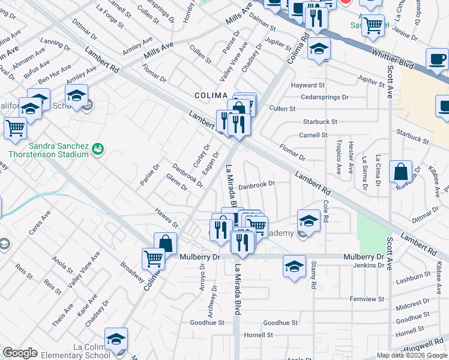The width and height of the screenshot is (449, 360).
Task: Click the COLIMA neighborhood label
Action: point(211,95)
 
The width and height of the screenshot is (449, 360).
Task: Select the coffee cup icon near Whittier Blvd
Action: point(437,59)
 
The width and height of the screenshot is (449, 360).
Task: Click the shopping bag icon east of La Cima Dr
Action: point(400,172)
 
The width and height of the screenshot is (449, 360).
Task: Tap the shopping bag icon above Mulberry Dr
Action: point(165,244)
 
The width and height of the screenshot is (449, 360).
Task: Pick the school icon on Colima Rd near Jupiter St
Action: point(319,49)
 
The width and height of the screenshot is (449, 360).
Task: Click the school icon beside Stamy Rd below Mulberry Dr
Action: point(294,266)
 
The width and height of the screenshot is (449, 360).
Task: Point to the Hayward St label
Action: point(307,86)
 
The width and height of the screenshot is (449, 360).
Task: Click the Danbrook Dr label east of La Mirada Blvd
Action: point(256,185)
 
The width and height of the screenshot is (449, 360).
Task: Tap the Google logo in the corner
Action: point(20,353)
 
